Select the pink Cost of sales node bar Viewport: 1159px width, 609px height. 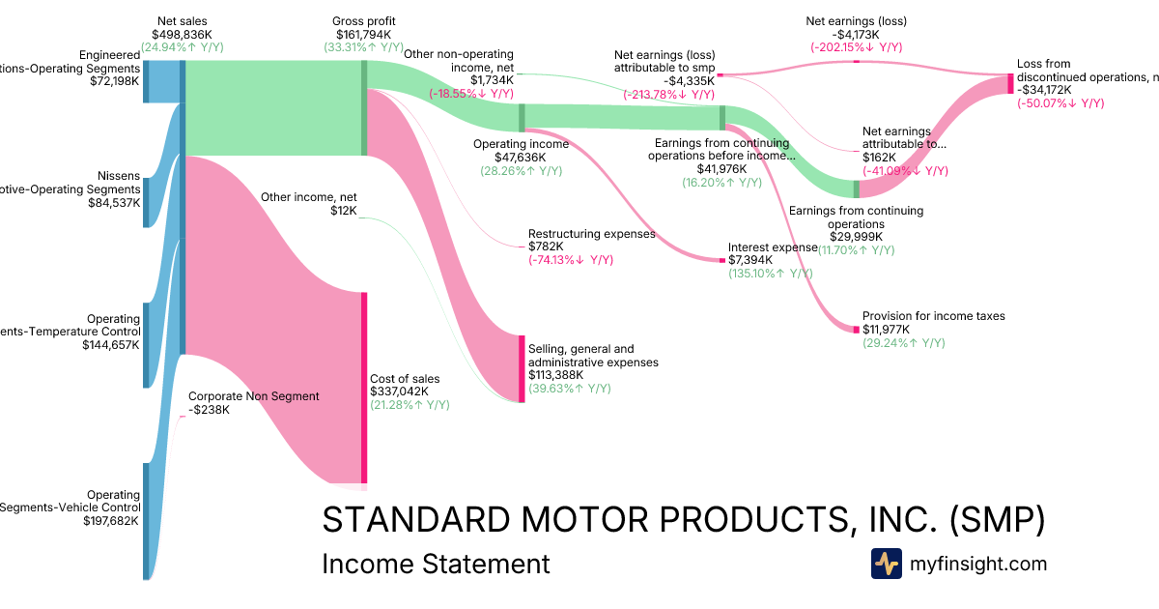click(x=364, y=387)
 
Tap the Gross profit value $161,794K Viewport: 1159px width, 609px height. click(x=363, y=34)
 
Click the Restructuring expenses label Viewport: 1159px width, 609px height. click(x=591, y=234)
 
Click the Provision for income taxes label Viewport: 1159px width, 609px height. click(x=934, y=316)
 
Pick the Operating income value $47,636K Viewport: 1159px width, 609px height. click(x=520, y=158)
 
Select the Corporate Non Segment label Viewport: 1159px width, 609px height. click(x=253, y=395)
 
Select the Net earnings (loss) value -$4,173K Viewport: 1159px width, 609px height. click(x=855, y=34)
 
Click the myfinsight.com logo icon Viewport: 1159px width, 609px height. click(x=886, y=564)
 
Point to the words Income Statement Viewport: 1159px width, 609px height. click(x=436, y=565)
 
